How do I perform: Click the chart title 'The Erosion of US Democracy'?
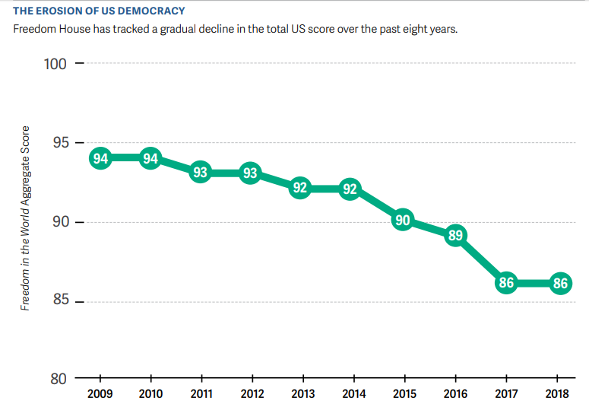[99, 11]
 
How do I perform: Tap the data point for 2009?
[100, 158]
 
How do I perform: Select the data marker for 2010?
[150, 158]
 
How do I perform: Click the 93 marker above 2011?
[200, 173]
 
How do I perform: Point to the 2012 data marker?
[250, 173]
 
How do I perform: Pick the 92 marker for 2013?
[300, 188]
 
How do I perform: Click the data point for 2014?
[350, 189]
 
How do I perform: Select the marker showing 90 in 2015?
[403, 221]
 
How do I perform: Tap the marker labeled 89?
[455, 236]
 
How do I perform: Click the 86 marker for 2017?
[506, 283]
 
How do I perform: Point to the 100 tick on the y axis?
[56, 64]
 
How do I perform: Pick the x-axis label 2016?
[454, 394]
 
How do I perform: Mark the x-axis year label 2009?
[100, 394]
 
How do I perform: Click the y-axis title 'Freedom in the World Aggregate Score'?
[25, 218]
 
